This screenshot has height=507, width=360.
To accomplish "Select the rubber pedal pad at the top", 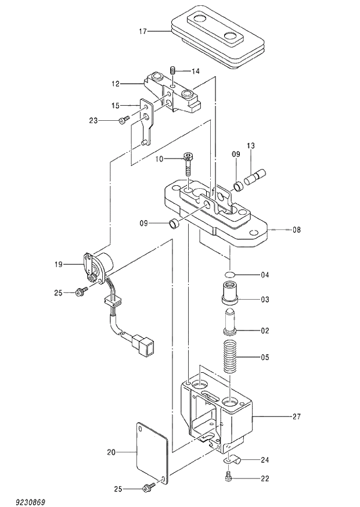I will (218, 38).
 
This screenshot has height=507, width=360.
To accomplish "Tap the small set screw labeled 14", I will (172, 71).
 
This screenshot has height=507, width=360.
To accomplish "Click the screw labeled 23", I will (123, 120).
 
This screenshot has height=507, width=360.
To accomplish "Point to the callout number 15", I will (116, 105).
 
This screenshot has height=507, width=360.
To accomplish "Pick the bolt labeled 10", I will (189, 164).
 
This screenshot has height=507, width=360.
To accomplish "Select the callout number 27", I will (297, 416).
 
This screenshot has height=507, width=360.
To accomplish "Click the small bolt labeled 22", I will (228, 477).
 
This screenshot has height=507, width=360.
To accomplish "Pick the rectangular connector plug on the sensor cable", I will (144, 346).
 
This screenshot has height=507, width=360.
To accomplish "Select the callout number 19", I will (58, 265).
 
